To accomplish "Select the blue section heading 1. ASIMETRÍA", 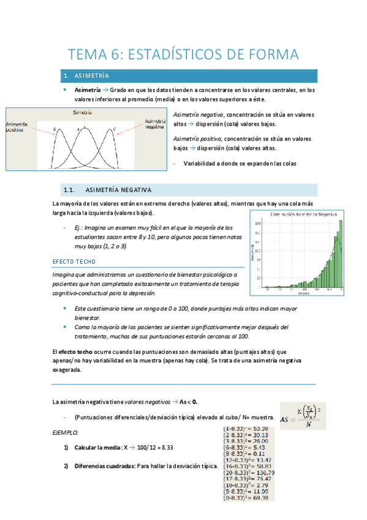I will tap(86, 76).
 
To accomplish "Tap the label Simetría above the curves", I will tap(82, 113).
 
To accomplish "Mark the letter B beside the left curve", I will tap(55, 129).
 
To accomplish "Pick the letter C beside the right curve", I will tap(114, 129).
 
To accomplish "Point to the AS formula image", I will tap(303, 415).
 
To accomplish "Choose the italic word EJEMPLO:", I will tap(66, 432).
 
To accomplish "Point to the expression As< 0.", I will tap(188, 402).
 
